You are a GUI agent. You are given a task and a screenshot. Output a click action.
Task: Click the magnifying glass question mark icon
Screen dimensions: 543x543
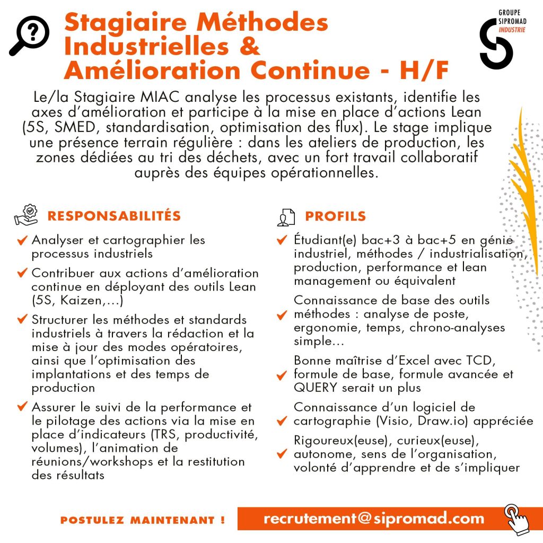coord(30,36)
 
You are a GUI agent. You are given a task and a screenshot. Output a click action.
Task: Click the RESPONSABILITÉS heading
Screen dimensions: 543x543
coord(114,216)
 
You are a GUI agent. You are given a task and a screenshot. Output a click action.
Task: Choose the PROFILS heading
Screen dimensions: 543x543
coord(335,216)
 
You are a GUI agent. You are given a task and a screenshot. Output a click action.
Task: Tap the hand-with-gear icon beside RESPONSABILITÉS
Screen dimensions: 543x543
coord(26,214)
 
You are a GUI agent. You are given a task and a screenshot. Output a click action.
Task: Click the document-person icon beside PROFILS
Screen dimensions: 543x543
coord(286,216)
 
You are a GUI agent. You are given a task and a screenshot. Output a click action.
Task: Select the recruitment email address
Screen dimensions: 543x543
coord(374,519)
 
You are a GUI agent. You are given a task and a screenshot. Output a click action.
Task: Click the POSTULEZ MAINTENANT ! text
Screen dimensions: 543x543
coord(143,520)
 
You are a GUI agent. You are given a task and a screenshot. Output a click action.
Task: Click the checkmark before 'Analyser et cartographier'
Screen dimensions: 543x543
coord(22,240)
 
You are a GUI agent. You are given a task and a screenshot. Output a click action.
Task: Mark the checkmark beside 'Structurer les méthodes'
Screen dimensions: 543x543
coord(22,320)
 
